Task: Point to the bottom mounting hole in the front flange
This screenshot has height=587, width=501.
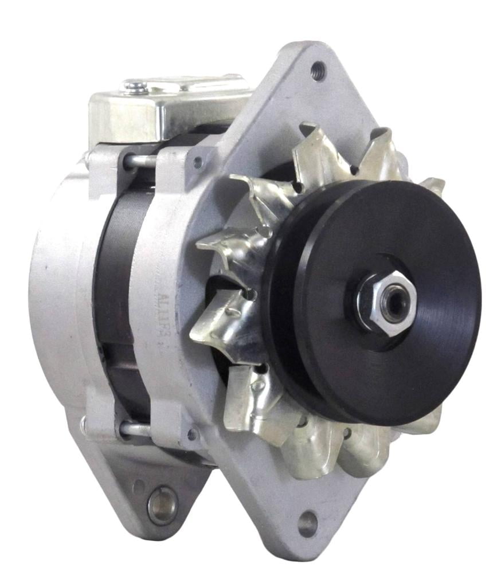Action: (307, 522)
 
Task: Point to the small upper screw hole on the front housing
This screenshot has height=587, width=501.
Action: (198, 162)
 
